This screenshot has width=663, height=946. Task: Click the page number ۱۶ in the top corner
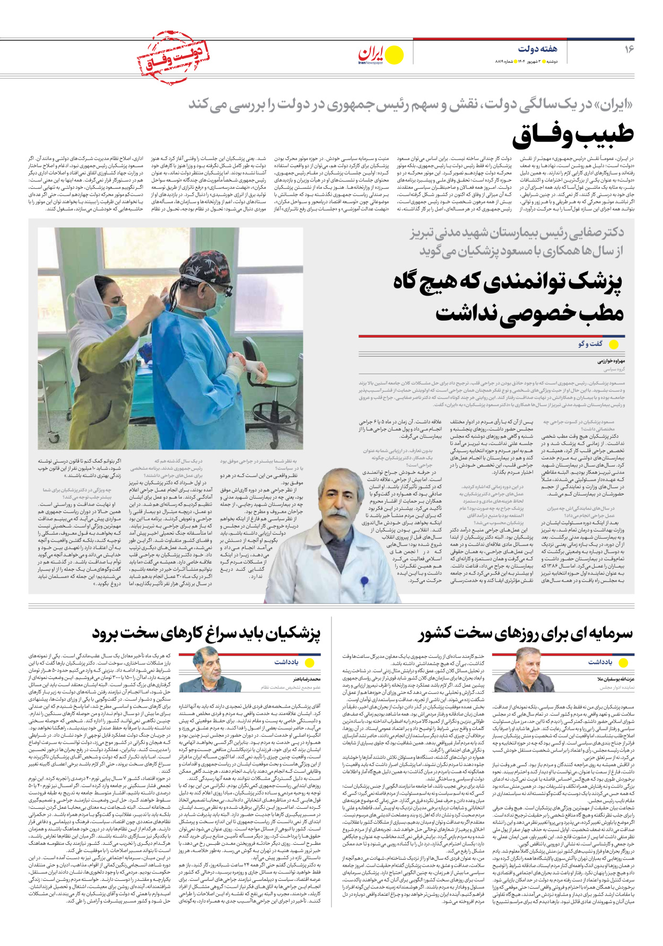(629, 49)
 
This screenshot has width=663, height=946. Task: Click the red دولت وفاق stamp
(172, 57)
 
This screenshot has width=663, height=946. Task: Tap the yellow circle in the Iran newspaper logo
(394, 55)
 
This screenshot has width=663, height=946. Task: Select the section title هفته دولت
(538, 49)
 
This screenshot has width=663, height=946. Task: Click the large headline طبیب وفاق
(573, 135)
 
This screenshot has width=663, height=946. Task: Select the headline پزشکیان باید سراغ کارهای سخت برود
(206, 633)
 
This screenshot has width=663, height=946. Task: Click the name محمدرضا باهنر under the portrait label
(307, 678)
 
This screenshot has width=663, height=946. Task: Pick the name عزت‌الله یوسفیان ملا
(615, 678)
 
